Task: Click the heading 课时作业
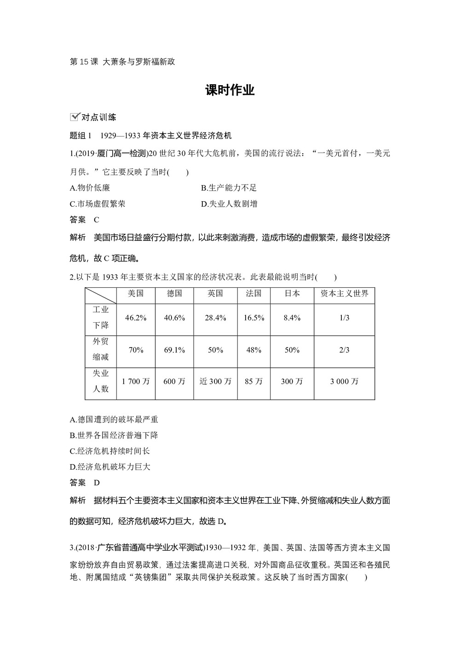[x=230, y=90]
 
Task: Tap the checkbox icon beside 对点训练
[x=74, y=117]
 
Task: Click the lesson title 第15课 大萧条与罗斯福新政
[x=122, y=62]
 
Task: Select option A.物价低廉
[x=90, y=188]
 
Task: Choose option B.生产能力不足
[x=229, y=188]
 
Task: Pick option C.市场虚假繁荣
[x=98, y=204]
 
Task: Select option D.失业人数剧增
[x=229, y=204]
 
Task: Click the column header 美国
[x=136, y=294]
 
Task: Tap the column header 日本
[x=292, y=294]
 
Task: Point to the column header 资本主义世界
[x=344, y=294]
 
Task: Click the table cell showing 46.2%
[x=136, y=318]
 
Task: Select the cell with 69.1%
[x=174, y=350]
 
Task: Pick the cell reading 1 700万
[x=136, y=382]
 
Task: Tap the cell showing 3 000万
[x=344, y=382]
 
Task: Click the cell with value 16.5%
[x=254, y=318]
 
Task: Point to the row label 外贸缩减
[x=101, y=349]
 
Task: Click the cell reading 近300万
[x=215, y=382]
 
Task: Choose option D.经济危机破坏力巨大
[x=110, y=467]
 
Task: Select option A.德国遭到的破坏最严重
[x=114, y=419]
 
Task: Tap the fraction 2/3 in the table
[x=344, y=350]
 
